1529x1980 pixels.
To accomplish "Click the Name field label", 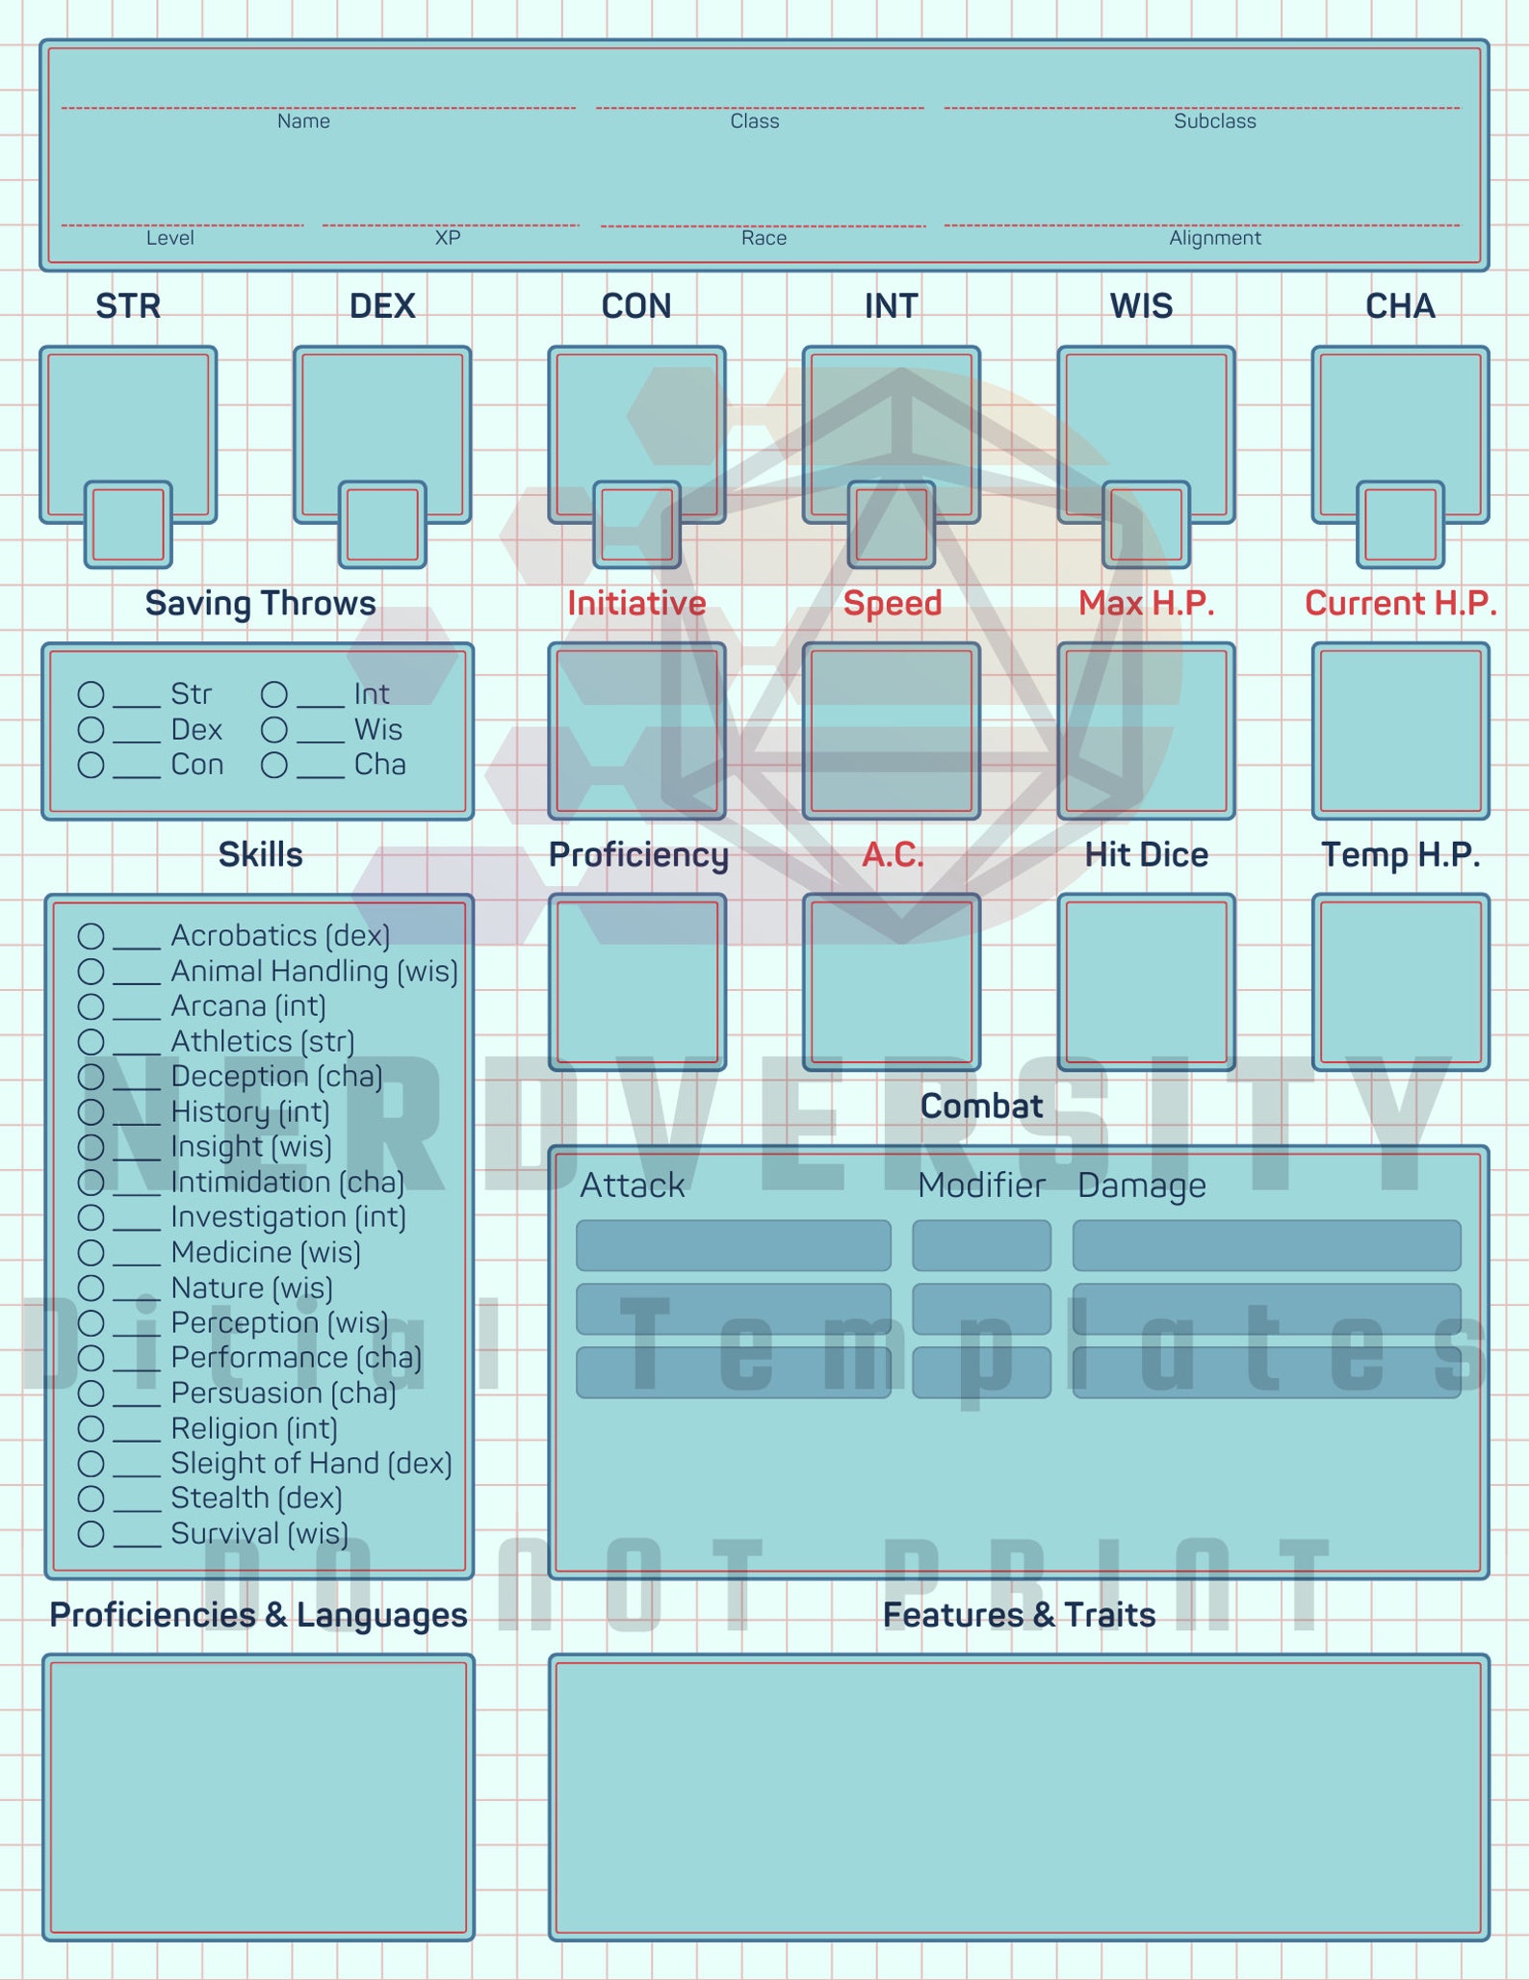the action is pyautogui.click(x=303, y=121).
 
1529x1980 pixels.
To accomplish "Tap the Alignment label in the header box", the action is pyautogui.click(x=1215, y=238).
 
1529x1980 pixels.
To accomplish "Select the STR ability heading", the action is pyautogui.click(x=128, y=306).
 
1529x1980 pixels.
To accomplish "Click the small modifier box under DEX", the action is pyautogui.click(x=382, y=525).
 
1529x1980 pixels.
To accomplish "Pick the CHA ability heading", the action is pyautogui.click(x=1400, y=306).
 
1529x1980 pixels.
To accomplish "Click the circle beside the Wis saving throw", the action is pyautogui.click(x=274, y=730).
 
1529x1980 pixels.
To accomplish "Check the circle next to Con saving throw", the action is pyautogui.click(x=91, y=765).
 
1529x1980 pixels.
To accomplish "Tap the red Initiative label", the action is pyautogui.click(x=636, y=604).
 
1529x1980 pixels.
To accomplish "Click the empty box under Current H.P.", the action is pyautogui.click(x=1401, y=731).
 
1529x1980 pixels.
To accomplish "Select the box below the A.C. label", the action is pyautogui.click(x=892, y=982).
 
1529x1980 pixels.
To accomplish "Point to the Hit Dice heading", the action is pyautogui.click(x=1146, y=855).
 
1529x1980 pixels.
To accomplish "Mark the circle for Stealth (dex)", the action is pyautogui.click(x=91, y=1498).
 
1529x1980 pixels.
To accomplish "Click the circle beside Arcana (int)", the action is pyautogui.click(x=91, y=1006).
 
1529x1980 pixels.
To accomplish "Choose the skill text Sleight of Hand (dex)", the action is pyautogui.click(x=311, y=1464).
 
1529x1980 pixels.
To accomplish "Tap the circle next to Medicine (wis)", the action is pyautogui.click(x=91, y=1253).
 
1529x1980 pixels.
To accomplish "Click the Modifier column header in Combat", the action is pyautogui.click(x=981, y=1185).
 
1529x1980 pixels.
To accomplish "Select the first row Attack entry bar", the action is pyautogui.click(x=734, y=1245).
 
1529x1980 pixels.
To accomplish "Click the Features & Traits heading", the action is pyautogui.click(x=1019, y=1615).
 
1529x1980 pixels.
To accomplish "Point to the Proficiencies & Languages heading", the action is pyautogui.click(x=258, y=1615).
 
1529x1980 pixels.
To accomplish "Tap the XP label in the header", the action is pyautogui.click(x=448, y=238).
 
